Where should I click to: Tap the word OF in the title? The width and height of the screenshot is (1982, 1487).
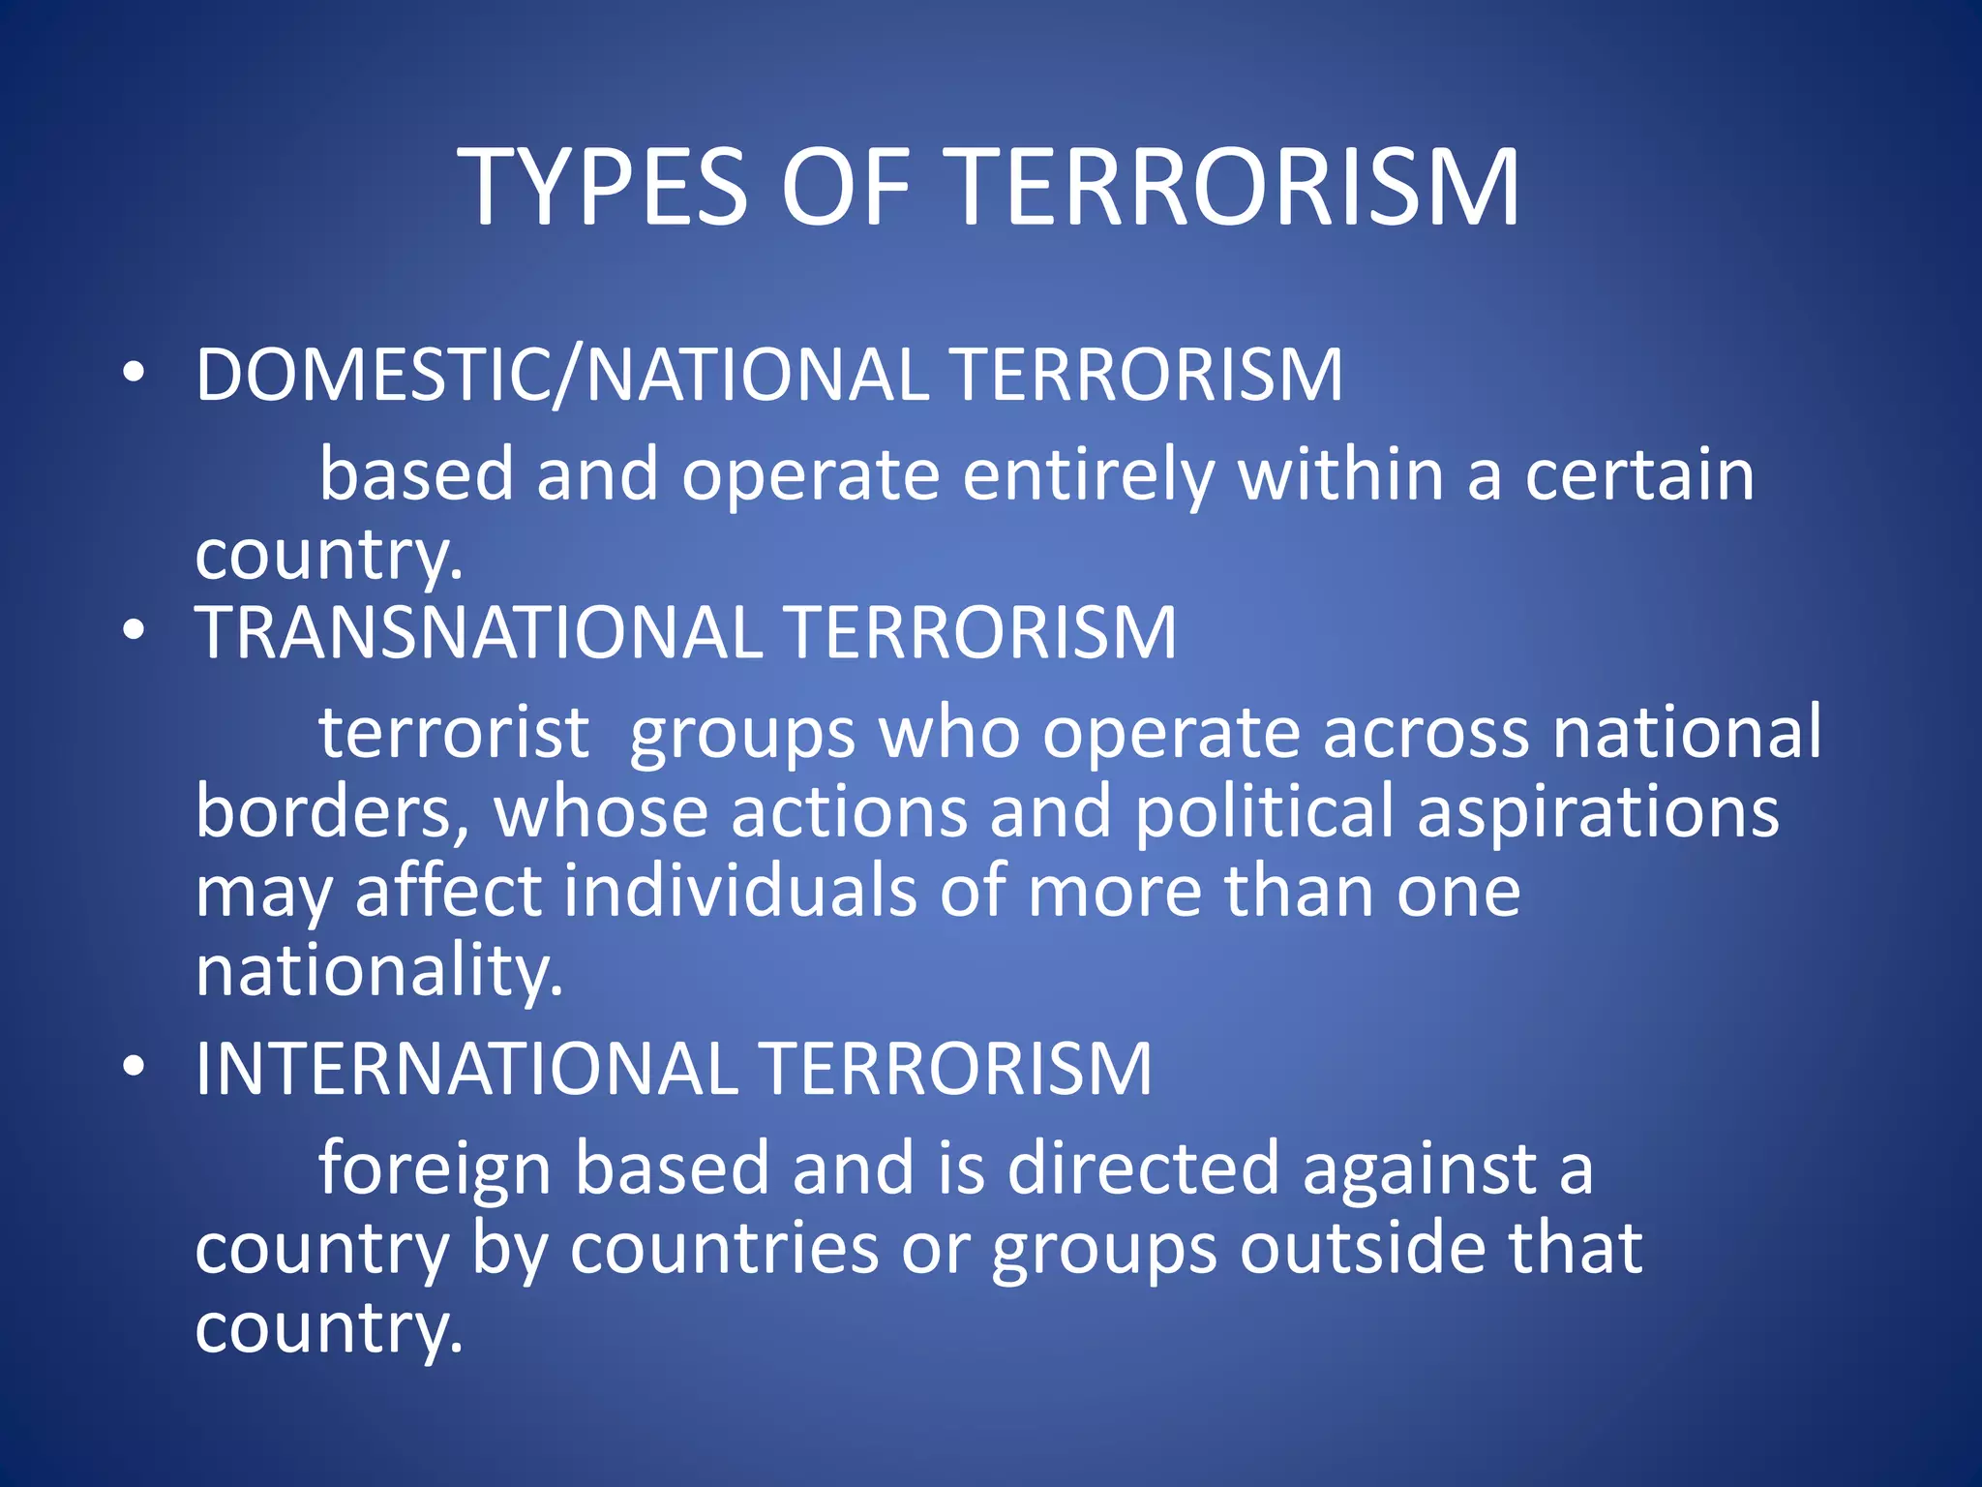[x=845, y=187]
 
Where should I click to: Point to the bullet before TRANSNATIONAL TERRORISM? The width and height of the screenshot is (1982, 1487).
[x=134, y=631]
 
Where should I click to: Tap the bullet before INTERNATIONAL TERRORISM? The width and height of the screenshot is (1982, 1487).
[x=134, y=1067]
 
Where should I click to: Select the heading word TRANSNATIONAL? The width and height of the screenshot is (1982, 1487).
[x=479, y=632]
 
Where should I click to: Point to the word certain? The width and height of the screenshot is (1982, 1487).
[x=1639, y=474]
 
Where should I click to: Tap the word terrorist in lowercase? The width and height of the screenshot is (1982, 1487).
[x=454, y=732]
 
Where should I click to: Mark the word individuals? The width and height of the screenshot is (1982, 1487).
[x=739, y=891]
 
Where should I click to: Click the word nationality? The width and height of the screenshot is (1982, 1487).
[x=378, y=971]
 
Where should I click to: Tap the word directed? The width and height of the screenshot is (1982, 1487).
[x=1143, y=1168]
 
